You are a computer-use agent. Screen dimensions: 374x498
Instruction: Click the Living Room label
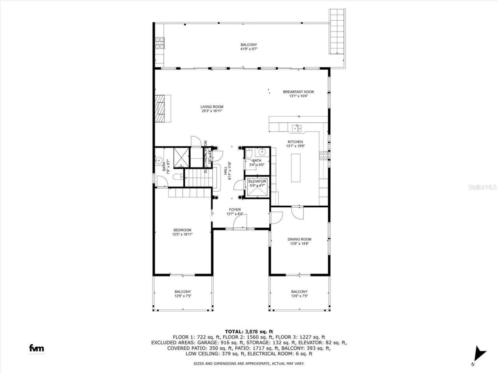[x=212, y=107]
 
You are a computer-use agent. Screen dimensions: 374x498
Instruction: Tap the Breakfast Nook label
[x=298, y=92]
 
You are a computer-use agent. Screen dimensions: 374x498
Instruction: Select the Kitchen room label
[x=295, y=142]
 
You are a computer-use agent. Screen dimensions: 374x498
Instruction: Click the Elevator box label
[x=257, y=182]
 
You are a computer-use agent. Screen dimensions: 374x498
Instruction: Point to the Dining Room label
[x=299, y=239]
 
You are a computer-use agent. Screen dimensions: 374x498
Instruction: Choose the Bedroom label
[x=182, y=230]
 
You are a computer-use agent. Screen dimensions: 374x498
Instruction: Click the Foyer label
[x=235, y=210]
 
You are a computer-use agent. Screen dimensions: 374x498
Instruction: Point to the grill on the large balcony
[x=160, y=42]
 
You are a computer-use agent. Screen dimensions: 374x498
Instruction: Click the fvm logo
[x=37, y=348]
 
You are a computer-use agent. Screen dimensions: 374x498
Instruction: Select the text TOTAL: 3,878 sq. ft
[x=249, y=332]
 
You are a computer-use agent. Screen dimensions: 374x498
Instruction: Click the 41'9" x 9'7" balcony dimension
[x=249, y=49]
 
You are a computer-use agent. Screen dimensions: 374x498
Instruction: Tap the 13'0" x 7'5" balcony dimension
[x=299, y=296]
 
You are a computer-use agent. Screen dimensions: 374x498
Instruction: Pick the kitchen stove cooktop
[x=323, y=155]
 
